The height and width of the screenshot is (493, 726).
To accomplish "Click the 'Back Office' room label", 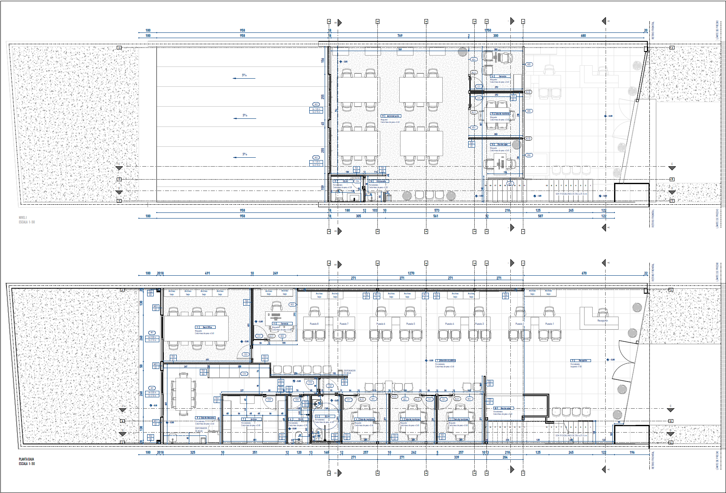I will point(207,327).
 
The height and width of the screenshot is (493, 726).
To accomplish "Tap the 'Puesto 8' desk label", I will point(314,324).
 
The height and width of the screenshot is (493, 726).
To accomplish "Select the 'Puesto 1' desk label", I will point(549,324).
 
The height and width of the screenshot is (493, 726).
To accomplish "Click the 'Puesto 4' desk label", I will point(449,324).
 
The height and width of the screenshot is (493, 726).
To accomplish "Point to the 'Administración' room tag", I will point(392,116).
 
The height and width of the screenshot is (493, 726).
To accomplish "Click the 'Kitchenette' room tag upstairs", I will point(381,181).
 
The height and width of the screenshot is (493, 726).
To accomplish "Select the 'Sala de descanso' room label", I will point(208,418).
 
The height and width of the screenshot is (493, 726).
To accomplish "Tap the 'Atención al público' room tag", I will point(447,360).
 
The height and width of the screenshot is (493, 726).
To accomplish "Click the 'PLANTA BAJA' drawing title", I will point(26,459).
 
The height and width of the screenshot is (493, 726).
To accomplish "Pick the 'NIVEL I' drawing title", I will point(23,218).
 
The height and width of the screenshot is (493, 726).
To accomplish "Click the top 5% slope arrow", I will point(244,76).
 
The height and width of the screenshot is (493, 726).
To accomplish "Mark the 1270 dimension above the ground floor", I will point(411,273).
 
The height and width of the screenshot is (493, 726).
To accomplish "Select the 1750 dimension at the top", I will point(488,30).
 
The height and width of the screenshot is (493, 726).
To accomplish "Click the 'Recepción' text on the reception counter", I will point(603,321).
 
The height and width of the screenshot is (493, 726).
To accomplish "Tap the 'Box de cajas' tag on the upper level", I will point(502,144).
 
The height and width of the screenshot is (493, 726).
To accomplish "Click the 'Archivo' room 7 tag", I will point(253,419).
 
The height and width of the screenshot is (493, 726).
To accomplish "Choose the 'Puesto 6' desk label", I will point(381,324).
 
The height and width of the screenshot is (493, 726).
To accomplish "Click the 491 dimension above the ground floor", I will point(208,273).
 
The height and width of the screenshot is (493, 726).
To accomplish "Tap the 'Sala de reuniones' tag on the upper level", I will point(503,114).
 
